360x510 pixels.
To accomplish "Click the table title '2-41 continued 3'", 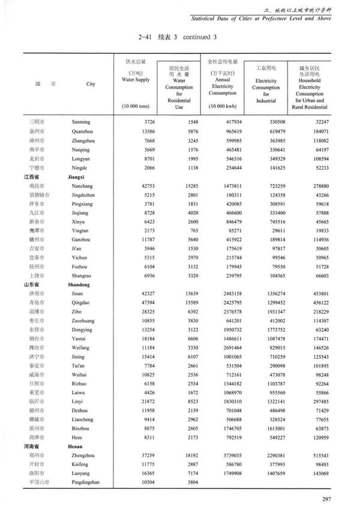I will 180,37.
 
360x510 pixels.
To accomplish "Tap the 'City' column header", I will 91,84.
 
